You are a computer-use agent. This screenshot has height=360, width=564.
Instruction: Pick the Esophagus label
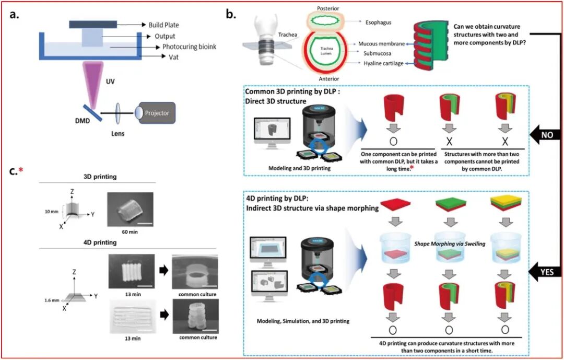tap(375, 22)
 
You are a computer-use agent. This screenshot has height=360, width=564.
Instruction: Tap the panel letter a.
tap(15, 14)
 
